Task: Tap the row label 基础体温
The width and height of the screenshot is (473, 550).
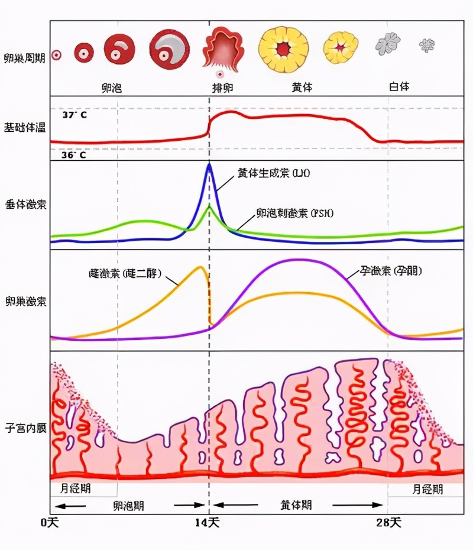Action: point(23,127)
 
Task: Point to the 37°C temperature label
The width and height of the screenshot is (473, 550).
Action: point(74,115)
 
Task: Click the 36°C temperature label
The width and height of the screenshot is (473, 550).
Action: point(74,155)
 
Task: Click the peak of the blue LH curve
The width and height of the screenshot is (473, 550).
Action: point(209,165)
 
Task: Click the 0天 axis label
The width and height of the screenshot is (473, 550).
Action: point(50,522)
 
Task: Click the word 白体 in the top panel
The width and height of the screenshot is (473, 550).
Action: point(399,86)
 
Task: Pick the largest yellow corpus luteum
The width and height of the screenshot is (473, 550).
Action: point(284,48)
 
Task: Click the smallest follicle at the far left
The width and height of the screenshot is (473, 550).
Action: point(57,54)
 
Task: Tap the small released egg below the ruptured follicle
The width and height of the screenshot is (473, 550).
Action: point(220,75)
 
